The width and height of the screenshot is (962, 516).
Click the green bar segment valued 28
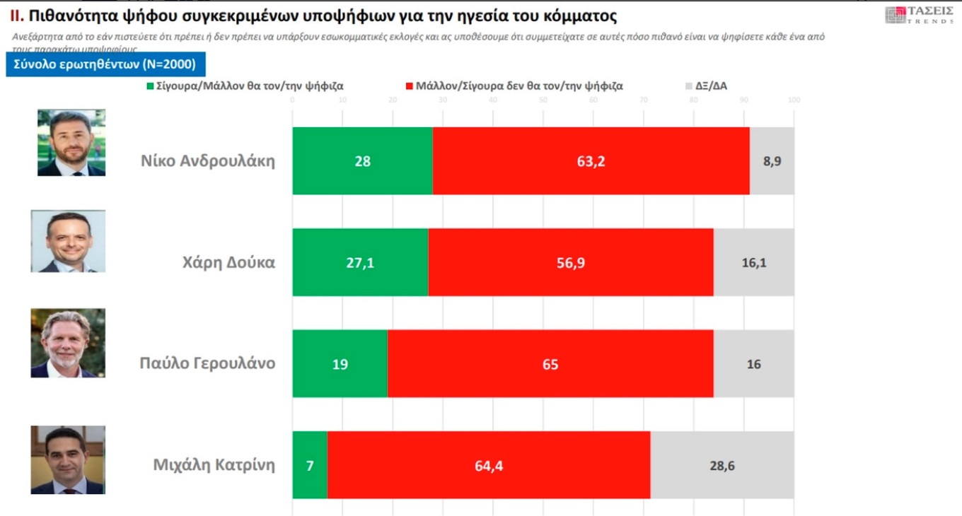[362, 161]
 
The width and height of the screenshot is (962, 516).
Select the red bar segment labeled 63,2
[591, 161]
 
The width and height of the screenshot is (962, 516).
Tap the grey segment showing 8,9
[772, 161]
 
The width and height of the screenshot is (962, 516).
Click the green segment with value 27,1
[360, 262]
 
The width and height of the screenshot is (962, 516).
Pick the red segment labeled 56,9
[570, 262]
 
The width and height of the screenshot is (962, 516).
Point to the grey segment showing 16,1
[753, 262]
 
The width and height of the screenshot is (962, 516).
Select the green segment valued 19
[340, 364]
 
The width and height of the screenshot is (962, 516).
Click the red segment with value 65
[550, 364]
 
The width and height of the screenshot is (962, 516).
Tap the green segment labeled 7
[310, 465]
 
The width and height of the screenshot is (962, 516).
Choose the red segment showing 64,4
[489, 465]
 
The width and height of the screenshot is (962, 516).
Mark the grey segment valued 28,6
[722, 465]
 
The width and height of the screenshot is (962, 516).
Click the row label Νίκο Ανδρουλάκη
[207, 161]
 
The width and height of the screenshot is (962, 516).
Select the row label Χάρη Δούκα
[228, 263]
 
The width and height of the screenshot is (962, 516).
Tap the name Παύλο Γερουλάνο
[207, 364]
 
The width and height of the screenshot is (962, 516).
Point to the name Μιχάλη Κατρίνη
[214, 465]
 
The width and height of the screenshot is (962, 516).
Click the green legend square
[151, 86]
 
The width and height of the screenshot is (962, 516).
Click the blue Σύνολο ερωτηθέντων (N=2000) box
[105, 64]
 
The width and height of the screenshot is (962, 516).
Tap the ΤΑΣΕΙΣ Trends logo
[918, 14]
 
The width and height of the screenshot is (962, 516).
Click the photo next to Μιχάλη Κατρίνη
[68, 459]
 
